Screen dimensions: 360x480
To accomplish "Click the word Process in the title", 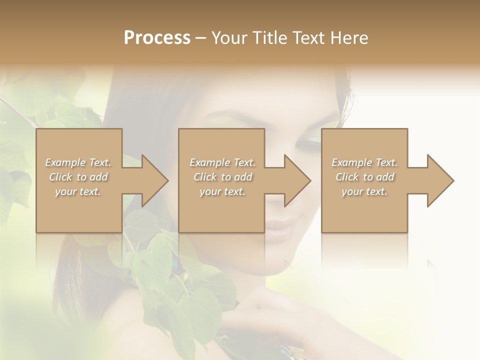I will [157, 38].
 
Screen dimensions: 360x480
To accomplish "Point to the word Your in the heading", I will [229, 38].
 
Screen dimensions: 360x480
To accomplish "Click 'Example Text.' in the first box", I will [78, 162].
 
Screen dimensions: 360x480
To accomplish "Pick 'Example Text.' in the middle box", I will [222, 162].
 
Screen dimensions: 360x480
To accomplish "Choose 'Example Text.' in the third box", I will [364, 162].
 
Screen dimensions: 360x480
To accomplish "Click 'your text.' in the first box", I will [78, 191].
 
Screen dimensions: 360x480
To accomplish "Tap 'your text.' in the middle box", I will [222, 191].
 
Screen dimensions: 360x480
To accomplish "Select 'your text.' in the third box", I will [364, 191].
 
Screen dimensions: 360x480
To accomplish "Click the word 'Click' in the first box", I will [60, 177].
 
